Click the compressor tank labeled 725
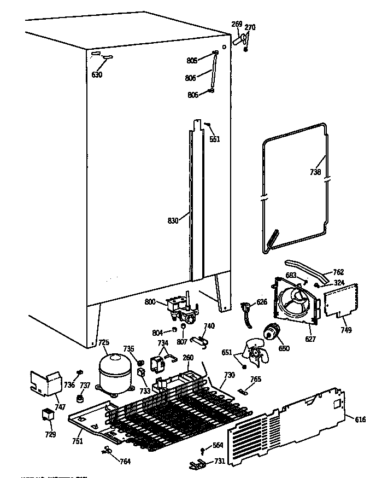tap(114, 371)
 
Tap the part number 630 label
tap(97, 75)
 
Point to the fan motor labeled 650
tap(271, 333)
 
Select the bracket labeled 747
tap(47, 382)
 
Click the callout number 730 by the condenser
tap(228, 375)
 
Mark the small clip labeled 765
tap(243, 390)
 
